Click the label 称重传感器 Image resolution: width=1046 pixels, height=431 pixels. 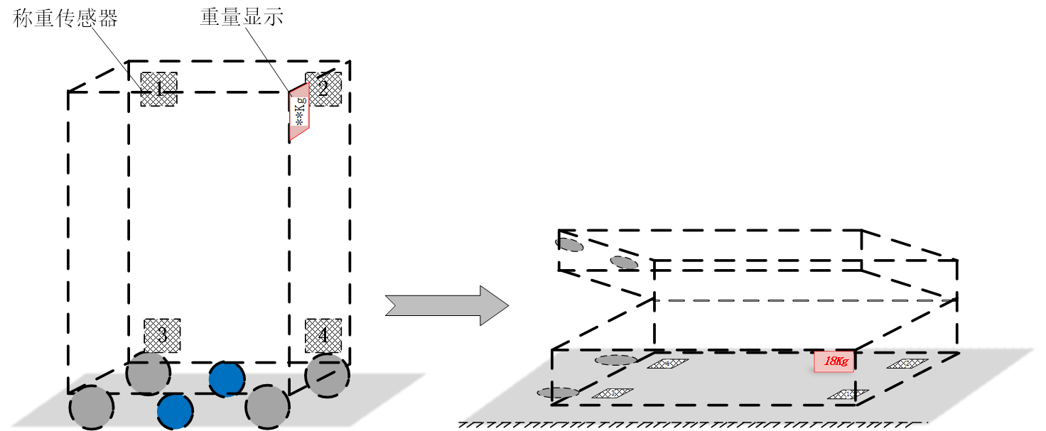pyautogui.click(x=65, y=18)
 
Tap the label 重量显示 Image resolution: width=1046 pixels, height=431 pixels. pyautogui.click(x=242, y=18)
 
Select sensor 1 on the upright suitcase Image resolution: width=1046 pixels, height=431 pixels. pyautogui.click(x=158, y=89)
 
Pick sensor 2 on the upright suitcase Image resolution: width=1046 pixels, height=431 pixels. pyautogui.click(x=323, y=89)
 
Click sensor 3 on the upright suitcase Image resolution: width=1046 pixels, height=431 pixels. pyautogui.click(x=162, y=335)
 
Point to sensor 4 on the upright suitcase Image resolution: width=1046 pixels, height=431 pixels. pyautogui.click(x=323, y=336)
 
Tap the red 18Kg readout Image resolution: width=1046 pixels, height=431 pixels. pyautogui.click(x=834, y=361)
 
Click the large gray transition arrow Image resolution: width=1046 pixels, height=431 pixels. pyautogui.click(x=446, y=305)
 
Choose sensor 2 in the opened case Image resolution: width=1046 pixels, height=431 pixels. pyautogui.click(x=907, y=364)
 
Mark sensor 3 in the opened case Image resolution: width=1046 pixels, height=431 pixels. pyautogui.click(x=613, y=393)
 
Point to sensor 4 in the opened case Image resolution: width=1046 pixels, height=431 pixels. pyautogui.click(x=668, y=364)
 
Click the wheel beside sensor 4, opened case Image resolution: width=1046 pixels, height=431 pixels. pyautogui.click(x=615, y=360)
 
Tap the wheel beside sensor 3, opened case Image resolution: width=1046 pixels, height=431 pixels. pyautogui.click(x=558, y=393)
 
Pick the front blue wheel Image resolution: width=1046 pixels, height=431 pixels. pyautogui.click(x=175, y=412)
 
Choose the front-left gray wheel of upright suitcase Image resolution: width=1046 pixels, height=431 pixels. pyautogui.click(x=92, y=408)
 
